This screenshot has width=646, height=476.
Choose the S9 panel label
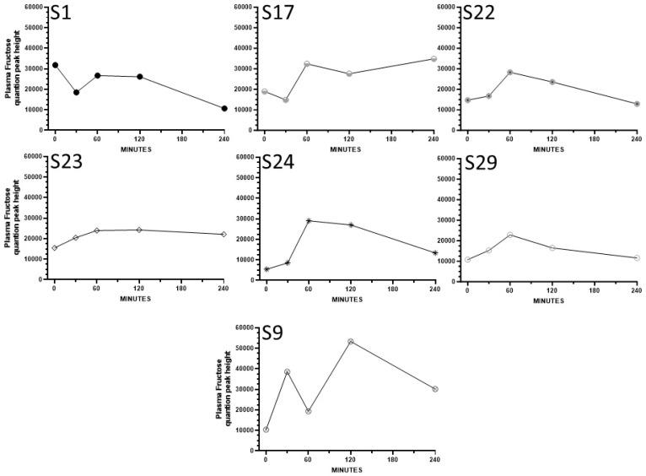(272, 333)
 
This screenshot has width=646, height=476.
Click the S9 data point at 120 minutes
(350, 342)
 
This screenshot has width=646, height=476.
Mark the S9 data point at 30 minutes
(287, 371)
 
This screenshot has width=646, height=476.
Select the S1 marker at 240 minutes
(223, 108)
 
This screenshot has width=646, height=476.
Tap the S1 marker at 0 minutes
(55, 65)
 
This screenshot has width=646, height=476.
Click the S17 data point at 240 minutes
(433, 59)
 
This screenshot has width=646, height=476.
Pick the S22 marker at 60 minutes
(509, 73)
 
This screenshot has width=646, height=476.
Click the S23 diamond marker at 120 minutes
(139, 230)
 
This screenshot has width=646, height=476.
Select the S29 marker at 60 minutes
(509, 235)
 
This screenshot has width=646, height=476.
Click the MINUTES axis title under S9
(350, 468)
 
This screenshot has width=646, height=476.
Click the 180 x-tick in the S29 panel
(595, 289)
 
